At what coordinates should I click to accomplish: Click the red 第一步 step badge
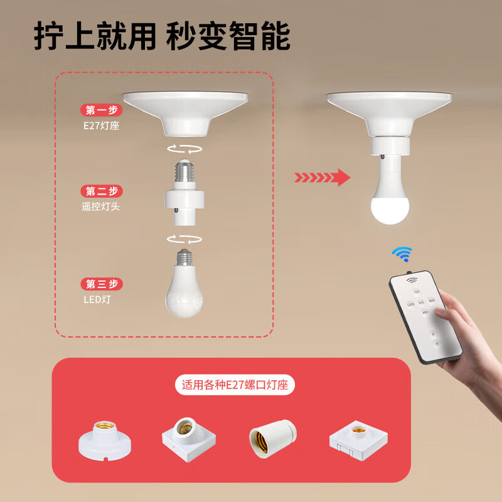[x=102, y=110]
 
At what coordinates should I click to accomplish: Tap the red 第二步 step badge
[x=102, y=191]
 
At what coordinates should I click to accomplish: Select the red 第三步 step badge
[x=102, y=284]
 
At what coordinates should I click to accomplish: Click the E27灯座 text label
[x=100, y=125]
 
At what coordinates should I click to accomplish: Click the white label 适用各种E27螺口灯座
[x=235, y=385]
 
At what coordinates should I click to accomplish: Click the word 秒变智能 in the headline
[x=228, y=37]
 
